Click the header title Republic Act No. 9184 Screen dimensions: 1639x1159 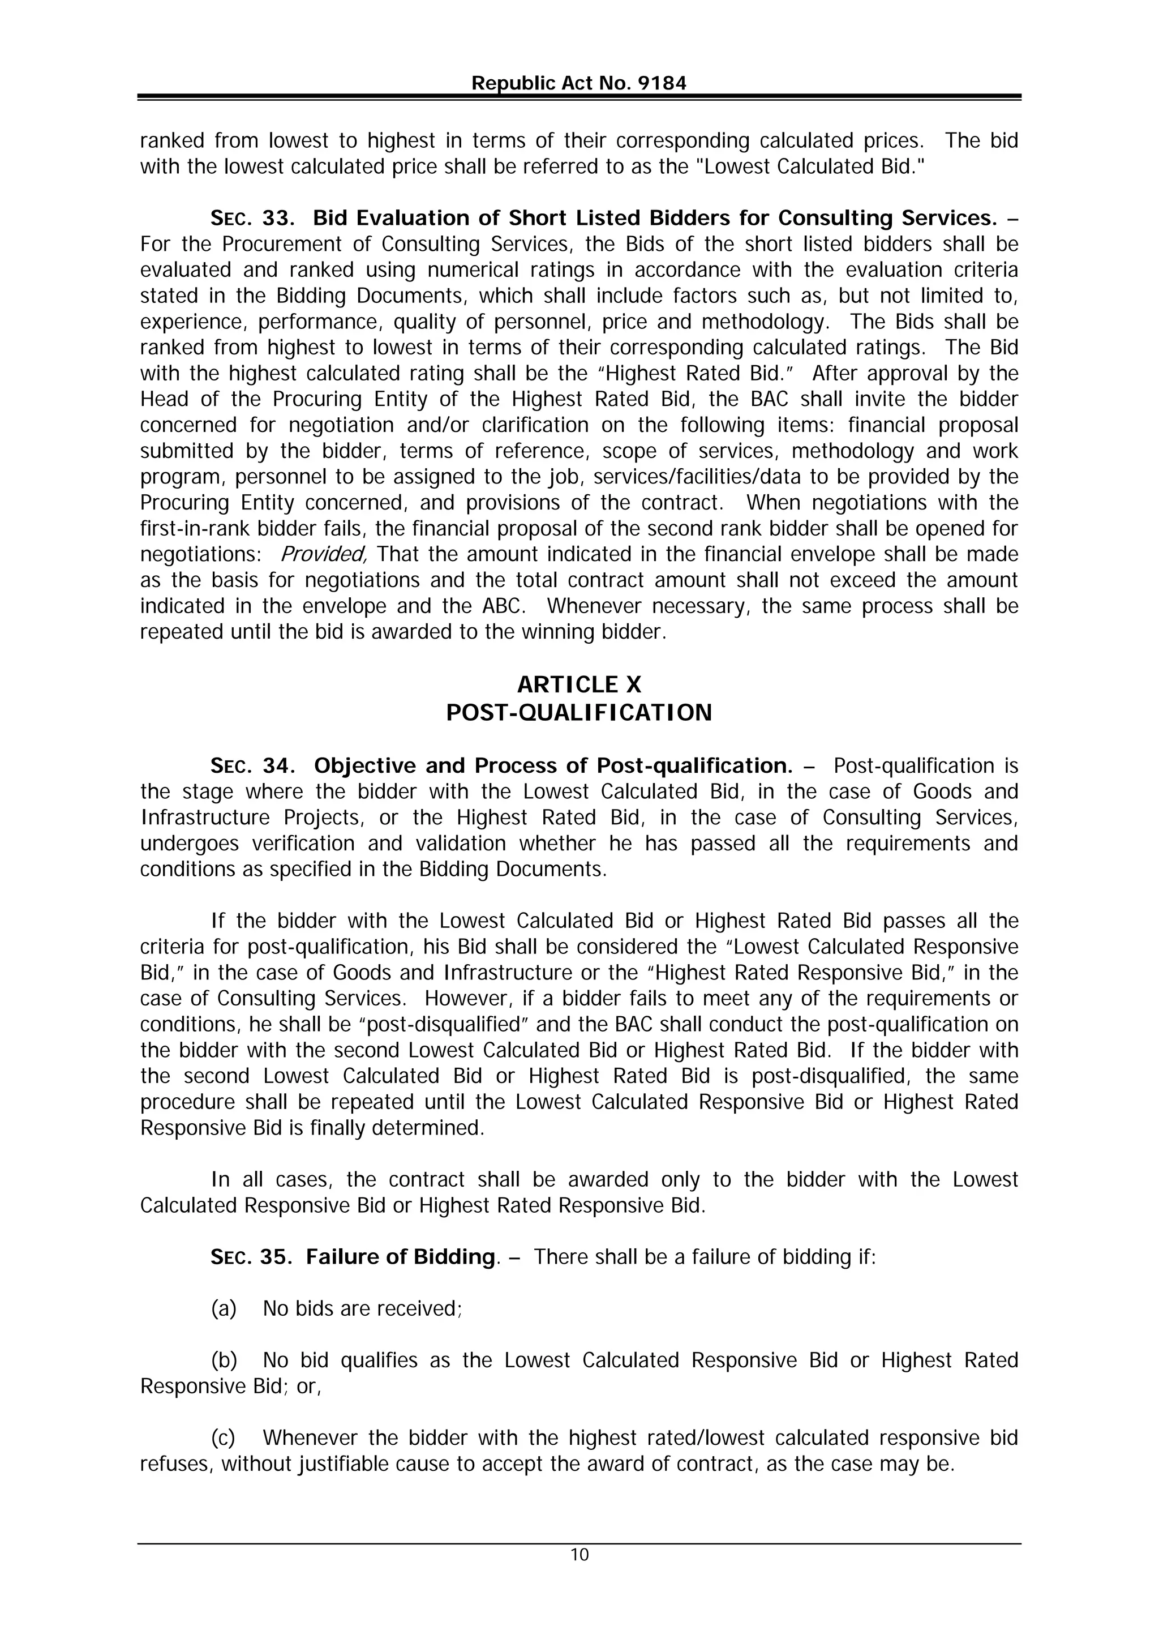click(579, 84)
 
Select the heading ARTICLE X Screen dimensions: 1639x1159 click(579, 685)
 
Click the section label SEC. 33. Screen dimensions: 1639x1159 click(252, 218)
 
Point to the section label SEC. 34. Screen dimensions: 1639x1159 click(252, 766)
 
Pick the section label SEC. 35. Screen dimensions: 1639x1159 click(251, 1257)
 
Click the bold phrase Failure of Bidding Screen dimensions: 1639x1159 click(400, 1257)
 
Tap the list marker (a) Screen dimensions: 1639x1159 click(224, 1308)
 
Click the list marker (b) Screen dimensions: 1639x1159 click(224, 1360)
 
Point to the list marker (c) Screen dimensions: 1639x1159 click(224, 1437)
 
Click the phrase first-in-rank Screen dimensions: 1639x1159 click(182, 529)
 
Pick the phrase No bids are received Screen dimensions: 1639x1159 click(363, 1308)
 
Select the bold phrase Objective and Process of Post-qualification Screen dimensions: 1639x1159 click(553, 766)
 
